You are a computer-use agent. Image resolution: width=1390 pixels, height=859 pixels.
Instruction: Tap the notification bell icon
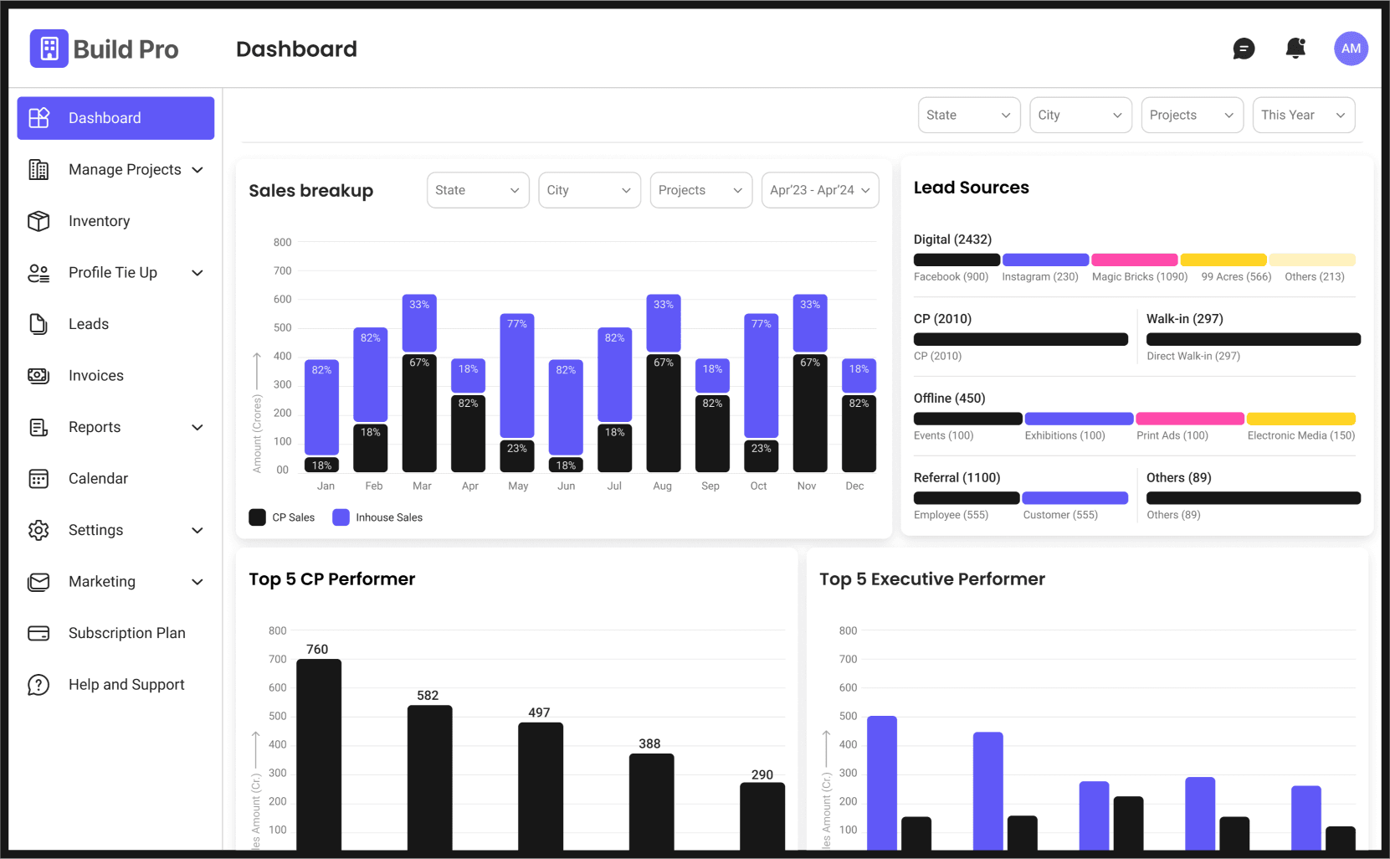pyautogui.click(x=1295, y=49)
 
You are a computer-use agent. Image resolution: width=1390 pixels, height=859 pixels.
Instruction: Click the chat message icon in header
pyautogui.click(x=1244, y=49)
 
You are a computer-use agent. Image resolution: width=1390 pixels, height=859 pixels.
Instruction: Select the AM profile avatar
pyautogui.click(x=1351, y=49)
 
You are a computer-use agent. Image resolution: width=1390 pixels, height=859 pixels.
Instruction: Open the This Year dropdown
pyautogui.click(x=1304, y=115)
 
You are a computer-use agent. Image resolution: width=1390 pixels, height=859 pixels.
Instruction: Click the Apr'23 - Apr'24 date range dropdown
pyautogui.click(x=820, y=190)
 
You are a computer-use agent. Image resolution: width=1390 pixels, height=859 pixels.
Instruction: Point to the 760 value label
pyautogui.click(x=317, y=649)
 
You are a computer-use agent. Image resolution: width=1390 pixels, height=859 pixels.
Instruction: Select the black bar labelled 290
pyautogui.click(x=762, y=816)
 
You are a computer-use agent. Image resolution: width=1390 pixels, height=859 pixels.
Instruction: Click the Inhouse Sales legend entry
pyautogui.click(x=377, y=517)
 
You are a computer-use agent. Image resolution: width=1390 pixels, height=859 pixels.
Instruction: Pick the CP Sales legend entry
pyautogui.click(x=282, y=517)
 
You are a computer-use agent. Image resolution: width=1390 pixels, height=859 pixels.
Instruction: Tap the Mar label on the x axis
pyautogui.click(x=422, y=486)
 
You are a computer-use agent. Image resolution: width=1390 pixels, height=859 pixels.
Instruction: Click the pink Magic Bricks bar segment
pyautogui.click(x=1134, y=260)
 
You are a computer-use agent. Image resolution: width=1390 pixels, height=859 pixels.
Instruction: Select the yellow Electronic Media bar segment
pyautogui.click(x=1300, y=419)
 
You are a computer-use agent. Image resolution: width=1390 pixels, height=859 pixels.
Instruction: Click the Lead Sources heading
pyautogui.click(x=971, y=188)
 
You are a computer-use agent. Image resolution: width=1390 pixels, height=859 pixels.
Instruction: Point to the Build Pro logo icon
pyautogui.click(x=49, y=49)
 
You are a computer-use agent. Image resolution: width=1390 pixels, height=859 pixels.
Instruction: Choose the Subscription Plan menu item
pyautogui.click(x=106, y=633)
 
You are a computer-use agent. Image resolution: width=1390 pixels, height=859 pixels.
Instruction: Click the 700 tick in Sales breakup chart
pyautogui.click(x=282, y=270)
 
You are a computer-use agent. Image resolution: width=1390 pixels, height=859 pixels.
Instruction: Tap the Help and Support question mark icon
pyautogui.click(x=38, y=685)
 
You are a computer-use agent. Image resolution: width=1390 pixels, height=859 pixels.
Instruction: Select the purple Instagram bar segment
pyautogui.click(x=1045, y=260)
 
